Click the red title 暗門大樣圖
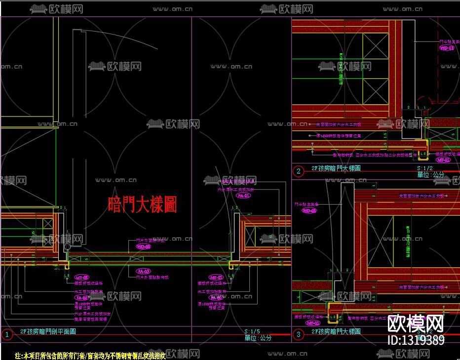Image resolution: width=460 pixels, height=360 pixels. click(142, 204)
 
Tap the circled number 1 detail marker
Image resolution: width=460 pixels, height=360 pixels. click(7, 334)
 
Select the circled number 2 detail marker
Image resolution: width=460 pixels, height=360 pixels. click(298, 171)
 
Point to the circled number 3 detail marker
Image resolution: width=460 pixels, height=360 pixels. click(298, 334)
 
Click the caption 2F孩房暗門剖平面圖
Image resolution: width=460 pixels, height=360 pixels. click(48, 331)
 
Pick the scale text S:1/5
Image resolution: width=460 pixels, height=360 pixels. click(252, 331)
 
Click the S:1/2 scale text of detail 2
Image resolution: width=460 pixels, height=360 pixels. click(424, 168)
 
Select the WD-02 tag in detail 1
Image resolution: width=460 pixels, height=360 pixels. click(143, 247)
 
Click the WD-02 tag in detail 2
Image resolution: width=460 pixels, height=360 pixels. click(447, 48)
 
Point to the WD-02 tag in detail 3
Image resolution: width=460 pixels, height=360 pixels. click(309, 211)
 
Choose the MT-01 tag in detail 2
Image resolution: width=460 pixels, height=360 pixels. click(443, 160)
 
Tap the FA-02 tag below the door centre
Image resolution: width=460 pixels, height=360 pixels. click(144, 271)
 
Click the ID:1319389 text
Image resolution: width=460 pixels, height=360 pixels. click(416, 340)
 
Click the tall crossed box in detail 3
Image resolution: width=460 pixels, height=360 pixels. click(381, 242)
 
